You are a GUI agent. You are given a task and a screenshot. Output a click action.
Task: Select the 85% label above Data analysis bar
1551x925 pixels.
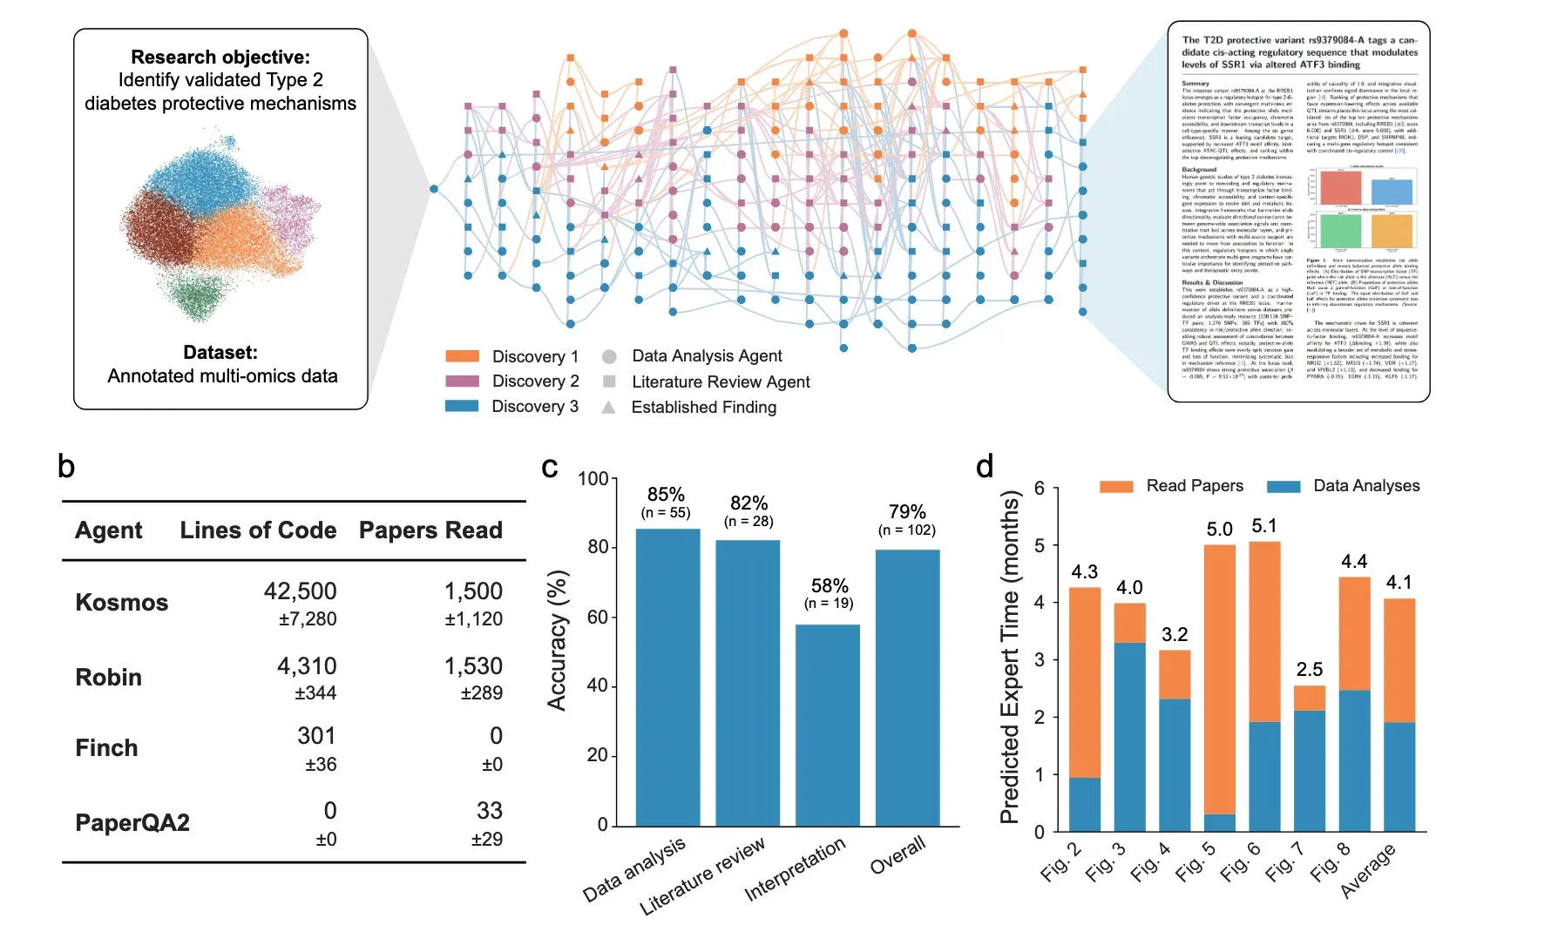coord(666,495)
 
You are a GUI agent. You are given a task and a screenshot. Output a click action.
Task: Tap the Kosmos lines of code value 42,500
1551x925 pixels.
coord(300,591)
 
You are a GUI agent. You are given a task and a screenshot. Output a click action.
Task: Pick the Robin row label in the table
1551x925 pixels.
coord(108,678)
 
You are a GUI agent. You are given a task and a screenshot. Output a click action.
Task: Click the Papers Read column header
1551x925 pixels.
coord(430,530)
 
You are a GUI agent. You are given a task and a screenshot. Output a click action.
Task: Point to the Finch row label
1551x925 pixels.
coord(106,748)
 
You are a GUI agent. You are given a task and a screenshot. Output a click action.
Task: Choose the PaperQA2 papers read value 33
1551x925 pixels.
coord(489,811)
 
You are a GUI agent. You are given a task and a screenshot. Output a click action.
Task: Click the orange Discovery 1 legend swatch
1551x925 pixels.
coord(462,356)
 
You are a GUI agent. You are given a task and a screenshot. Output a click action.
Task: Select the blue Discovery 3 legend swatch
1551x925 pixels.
coord(462,406)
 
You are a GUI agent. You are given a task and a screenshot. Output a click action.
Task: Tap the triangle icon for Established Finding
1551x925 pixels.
coord(609,407)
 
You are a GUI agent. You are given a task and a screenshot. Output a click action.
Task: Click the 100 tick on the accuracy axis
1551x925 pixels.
coord(593,479)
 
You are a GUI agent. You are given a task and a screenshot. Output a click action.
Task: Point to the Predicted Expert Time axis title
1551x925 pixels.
coord(1010,658)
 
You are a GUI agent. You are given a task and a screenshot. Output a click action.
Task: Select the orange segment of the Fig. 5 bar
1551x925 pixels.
coord(1220,679)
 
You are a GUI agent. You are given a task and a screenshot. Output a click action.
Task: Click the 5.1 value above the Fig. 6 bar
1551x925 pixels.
coord(1264,526)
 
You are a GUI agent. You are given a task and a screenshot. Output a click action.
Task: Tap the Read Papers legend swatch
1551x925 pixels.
coord(1116,486)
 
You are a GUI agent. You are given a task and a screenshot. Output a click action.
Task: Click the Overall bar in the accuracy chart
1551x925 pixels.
coord(907,687)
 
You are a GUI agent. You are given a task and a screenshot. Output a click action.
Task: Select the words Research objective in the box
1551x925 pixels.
coord(220,57)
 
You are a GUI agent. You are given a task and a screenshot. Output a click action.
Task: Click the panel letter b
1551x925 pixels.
coord(66,467)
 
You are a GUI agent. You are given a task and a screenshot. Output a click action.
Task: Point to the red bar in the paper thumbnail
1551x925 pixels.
coord(1340,187)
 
